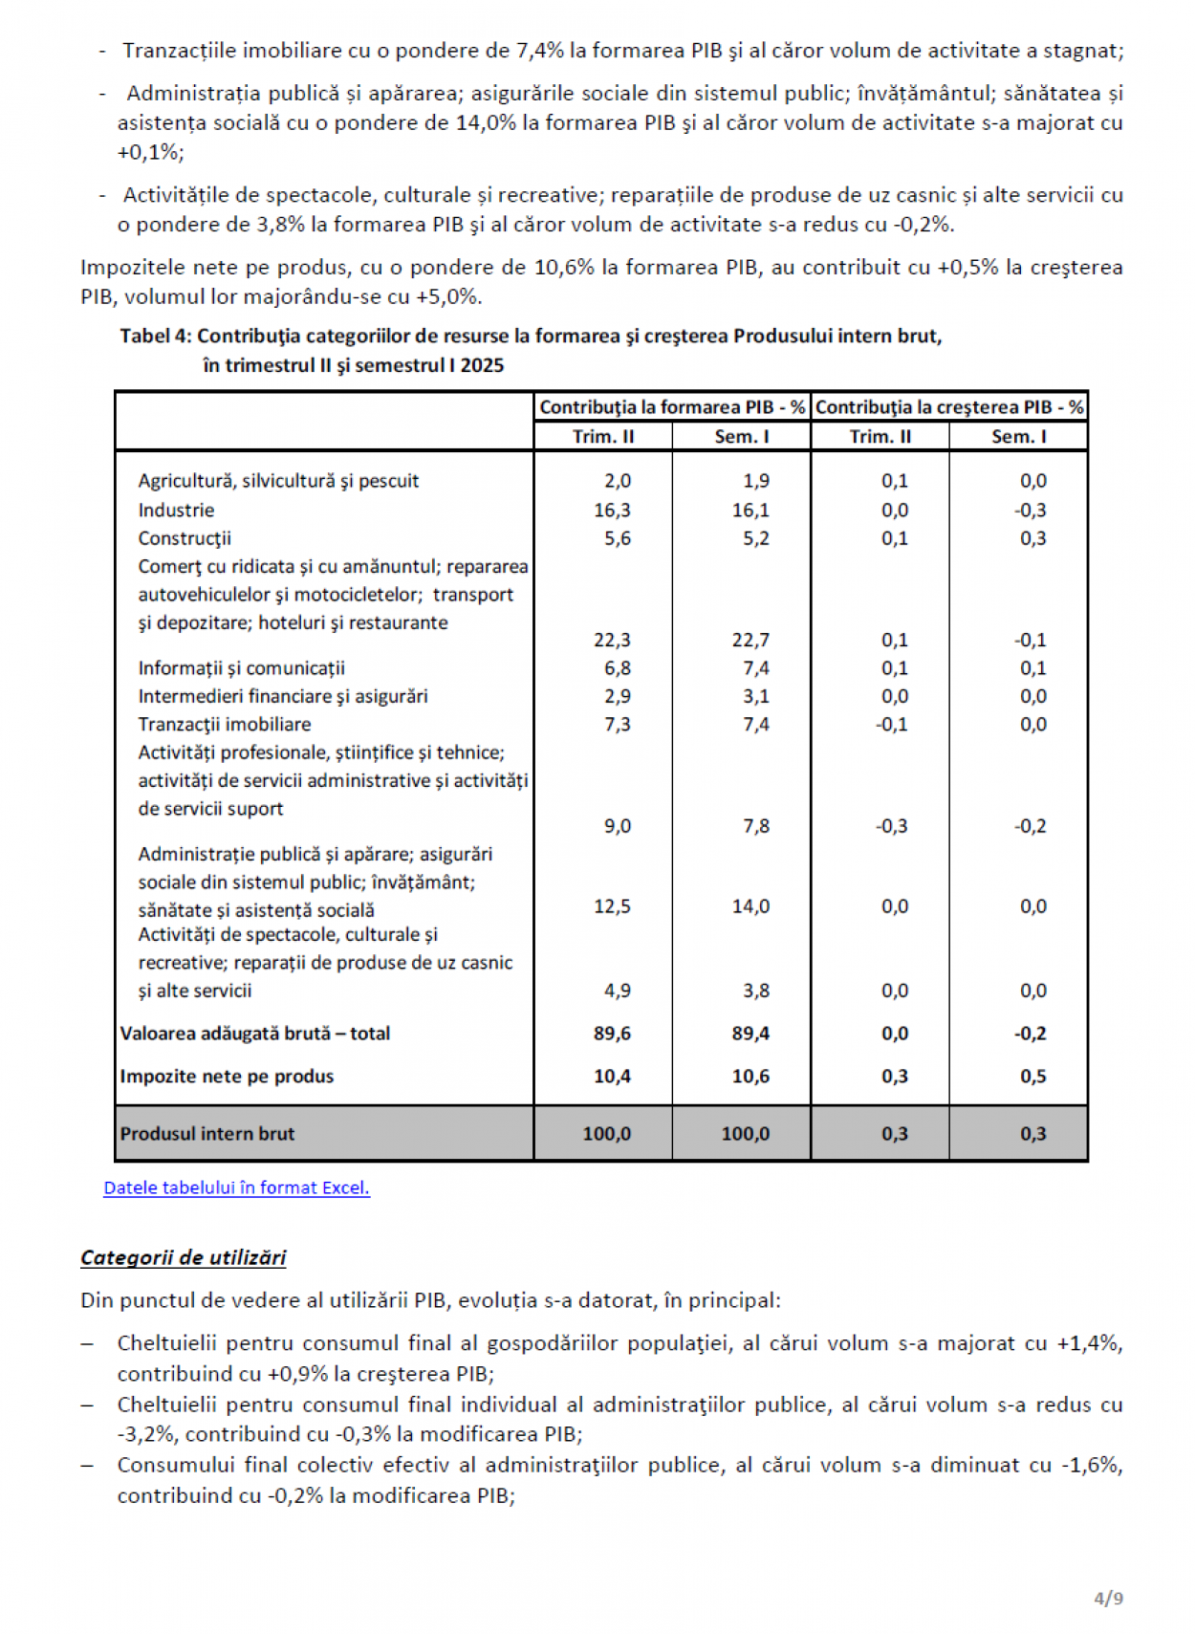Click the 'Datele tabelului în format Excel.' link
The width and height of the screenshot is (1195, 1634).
coord(236,1187)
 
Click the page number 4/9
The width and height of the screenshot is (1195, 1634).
coord(1108,1598)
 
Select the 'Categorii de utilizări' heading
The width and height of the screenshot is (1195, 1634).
coord(183,1257)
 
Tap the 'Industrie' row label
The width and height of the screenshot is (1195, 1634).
coord(176,510)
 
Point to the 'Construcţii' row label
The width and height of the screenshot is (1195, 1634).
coord(185,538)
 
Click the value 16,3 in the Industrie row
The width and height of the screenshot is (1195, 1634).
coord(612,510)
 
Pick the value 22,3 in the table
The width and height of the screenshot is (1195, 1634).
coord(612,640)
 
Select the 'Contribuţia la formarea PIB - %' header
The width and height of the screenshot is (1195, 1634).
coord(672,407)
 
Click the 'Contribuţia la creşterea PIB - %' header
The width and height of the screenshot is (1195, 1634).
coord(948,407)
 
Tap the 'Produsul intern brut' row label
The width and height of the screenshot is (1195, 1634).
coord(206,1133)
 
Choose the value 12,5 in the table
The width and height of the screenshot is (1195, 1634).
coord(612,905)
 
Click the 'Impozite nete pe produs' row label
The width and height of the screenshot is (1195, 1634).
coord(227,1076)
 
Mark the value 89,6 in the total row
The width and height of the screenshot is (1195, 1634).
coord(612,1034)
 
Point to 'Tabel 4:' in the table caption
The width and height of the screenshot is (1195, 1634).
coord(155,336)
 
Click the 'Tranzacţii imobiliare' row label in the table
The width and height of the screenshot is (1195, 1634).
coord(224,724)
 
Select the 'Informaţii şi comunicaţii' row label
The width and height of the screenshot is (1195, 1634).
coord(241,667)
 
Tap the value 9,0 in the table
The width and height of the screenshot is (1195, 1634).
coord(617,825)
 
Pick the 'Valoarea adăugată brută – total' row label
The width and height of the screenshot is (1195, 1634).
coord(254,1034)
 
